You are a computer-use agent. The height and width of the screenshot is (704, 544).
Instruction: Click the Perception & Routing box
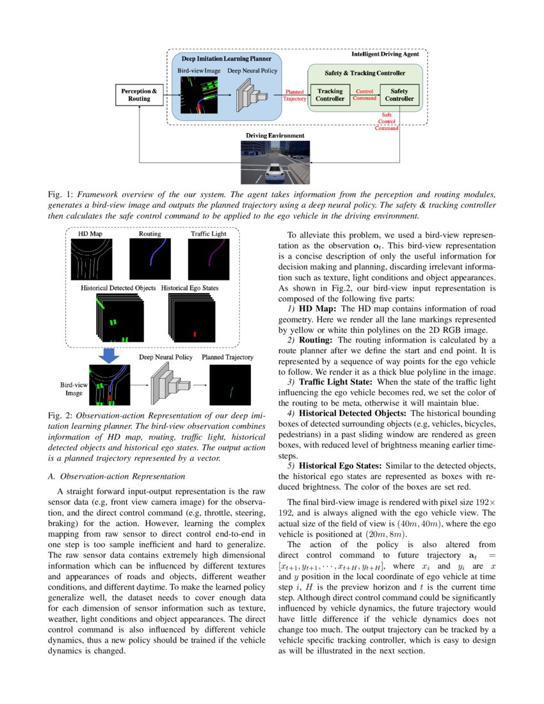(136, 95)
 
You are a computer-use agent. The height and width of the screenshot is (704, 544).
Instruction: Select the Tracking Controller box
(330, 95)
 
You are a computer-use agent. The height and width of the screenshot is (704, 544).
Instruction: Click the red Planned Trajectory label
(294, 95)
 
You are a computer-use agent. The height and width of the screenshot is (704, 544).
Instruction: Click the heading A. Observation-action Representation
(116, 476)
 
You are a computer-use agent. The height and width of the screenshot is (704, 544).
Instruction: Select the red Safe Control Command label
(386, 121)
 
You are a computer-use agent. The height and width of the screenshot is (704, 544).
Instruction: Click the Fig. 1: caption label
(61, 193)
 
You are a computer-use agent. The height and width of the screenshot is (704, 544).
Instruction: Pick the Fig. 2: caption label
(61, 416)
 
